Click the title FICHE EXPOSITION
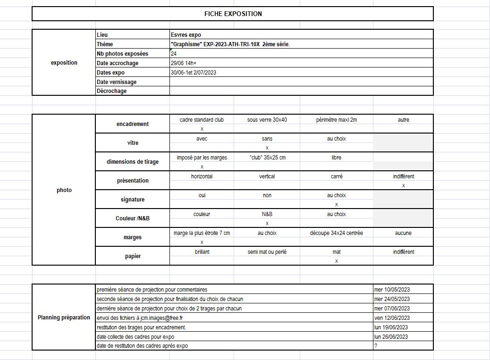point(233,14)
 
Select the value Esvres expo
point(186,35)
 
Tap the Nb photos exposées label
point(122,54)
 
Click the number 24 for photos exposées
point(174,54)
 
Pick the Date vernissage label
point(117,82)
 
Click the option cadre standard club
point(202,120)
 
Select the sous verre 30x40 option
point(267,120)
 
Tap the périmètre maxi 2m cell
point(336,120)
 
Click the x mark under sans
point(267,148)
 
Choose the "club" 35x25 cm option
point(267,158)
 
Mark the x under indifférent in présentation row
point(403,185)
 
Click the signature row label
point(133,200)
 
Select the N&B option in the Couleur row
point(267,214)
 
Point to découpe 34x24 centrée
point(336,233)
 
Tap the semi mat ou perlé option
point(267,252)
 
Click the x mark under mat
point(336,261)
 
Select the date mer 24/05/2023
point(392,299)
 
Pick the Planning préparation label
point(64,318)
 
